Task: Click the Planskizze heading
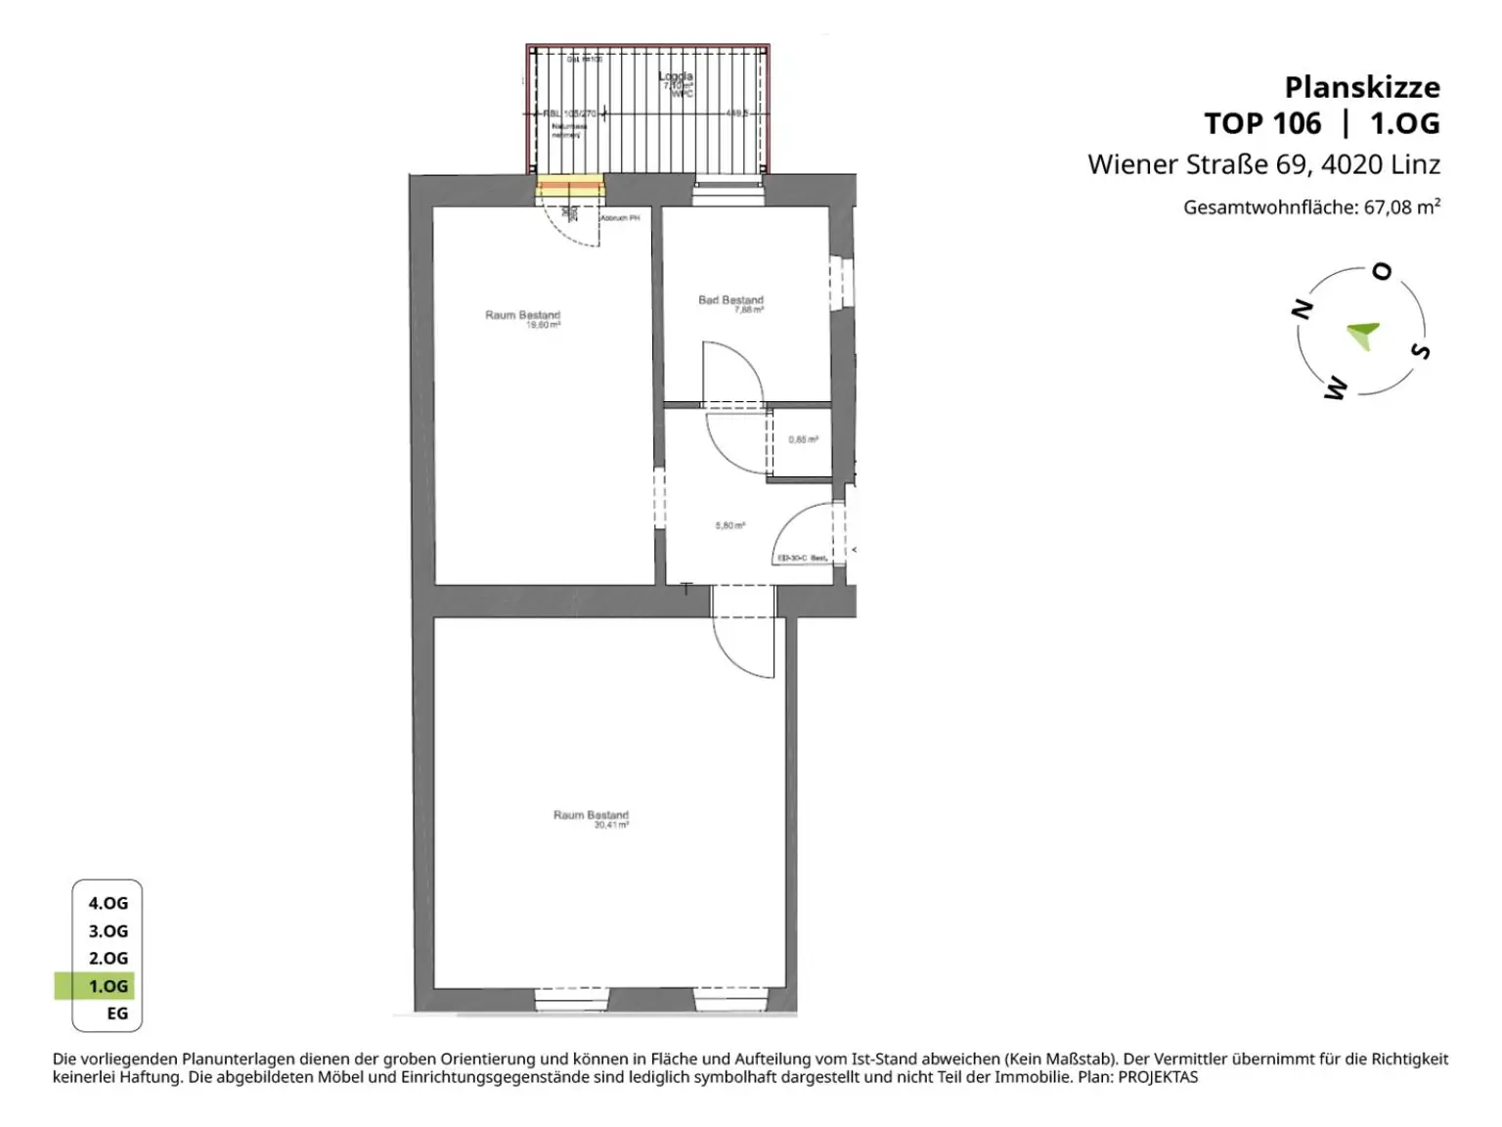1361,87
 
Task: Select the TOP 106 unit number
1261,124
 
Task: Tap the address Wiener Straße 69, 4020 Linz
1263,164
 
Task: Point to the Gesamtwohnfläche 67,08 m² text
1310,207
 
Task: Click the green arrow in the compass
1363,335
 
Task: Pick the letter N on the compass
1302,310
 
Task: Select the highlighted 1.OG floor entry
108,986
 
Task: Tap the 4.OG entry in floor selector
108,904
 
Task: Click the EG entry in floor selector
116,1014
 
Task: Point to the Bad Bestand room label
730,301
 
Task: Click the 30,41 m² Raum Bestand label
592,818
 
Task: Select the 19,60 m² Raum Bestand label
523,318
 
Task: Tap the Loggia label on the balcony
676,77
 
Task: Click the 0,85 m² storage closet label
803,440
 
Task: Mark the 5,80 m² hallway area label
729,526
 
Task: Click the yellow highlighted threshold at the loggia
570,186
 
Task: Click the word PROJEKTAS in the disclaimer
1158,1077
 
